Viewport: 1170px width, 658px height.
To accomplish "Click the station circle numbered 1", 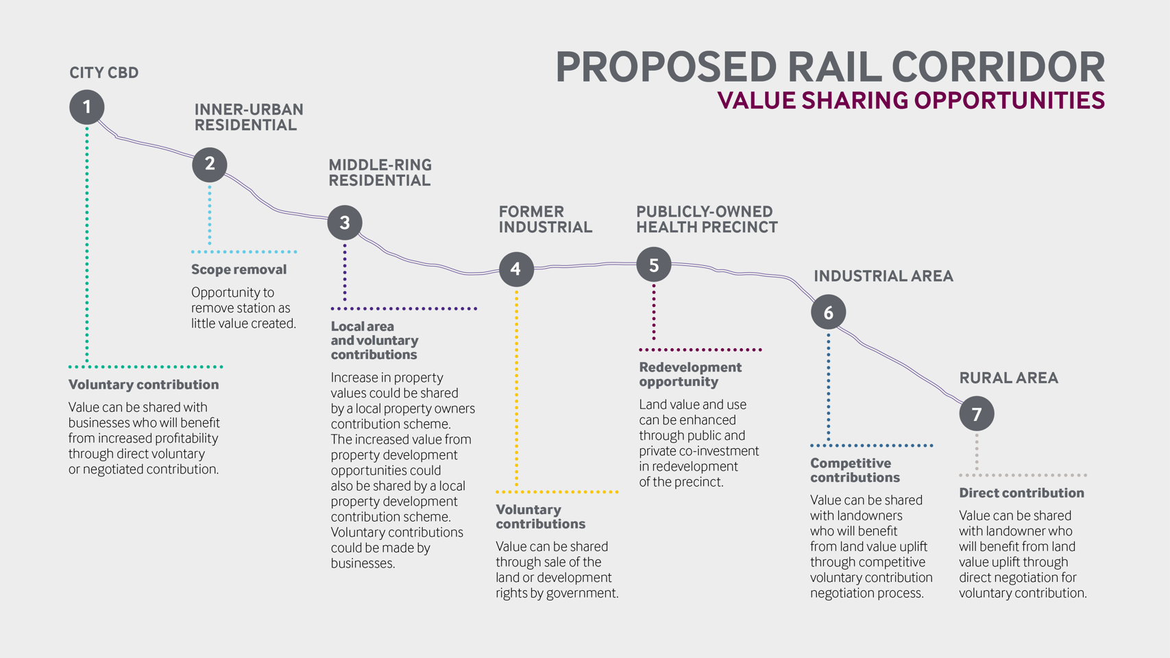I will coord(87,107).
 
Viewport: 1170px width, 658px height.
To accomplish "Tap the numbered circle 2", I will coord(210,164).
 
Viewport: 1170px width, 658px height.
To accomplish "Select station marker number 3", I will coord(345,223).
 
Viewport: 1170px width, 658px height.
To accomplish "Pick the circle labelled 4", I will coord(516,269).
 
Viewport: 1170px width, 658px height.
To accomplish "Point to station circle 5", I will coord(654,265).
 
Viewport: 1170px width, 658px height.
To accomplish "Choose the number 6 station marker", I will coord(828,313).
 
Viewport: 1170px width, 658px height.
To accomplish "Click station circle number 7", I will coord(977,413).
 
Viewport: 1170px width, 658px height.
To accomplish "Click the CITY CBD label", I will coord(104,73).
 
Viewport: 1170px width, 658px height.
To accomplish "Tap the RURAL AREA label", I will coord(1008,378).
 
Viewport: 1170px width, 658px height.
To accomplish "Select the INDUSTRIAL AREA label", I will coord(883,276).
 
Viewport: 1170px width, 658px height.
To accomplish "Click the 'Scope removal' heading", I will coord(239,270).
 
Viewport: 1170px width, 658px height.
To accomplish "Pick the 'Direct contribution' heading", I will coord(1021,493).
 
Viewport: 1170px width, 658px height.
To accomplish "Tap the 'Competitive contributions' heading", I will coord(855,470).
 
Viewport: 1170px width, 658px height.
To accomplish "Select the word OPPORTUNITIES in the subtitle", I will coord(1009,101).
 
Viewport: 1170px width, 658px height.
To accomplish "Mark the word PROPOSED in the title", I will coord(666,68).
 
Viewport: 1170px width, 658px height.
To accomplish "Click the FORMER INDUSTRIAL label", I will coord(545,219).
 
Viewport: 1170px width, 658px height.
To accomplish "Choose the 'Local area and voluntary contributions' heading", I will coord(374,341).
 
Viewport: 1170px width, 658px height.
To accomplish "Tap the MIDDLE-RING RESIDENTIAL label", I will coord(380,173).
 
